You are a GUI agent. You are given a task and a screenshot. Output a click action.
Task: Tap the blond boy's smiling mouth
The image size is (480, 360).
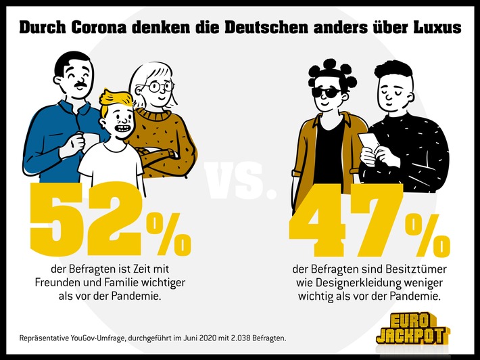[x=120, y=127]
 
